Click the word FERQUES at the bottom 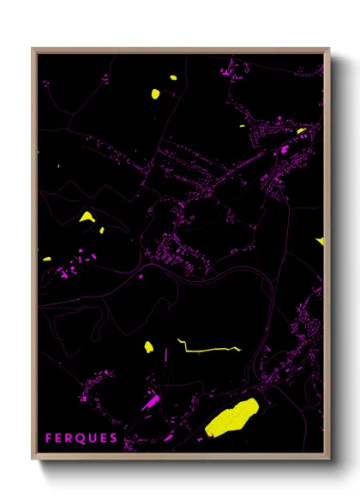point(81,438)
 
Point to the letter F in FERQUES point(49,438)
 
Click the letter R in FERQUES point(70,438)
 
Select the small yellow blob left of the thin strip point(148,347)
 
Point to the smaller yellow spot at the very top point(173,78)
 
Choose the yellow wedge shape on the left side point(87,218)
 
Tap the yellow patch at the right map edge point(321,241)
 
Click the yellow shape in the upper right point(302,131)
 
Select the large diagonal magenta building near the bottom point(150,400)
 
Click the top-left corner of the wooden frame point(33,49)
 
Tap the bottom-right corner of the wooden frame point(329,460)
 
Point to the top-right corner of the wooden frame point(329,49)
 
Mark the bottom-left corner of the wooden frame point(33,460)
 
